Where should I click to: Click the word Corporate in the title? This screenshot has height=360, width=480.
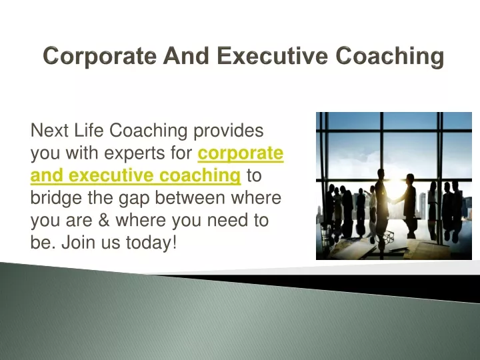coord(99,56)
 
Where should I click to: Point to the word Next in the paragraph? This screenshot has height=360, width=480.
coord(49,130)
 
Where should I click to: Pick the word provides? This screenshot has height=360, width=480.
coord(229,131)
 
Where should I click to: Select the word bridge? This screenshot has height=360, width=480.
coord(56,199)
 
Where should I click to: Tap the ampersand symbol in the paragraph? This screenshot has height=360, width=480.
coord(104,220)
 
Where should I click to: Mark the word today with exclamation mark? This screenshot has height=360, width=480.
coord(151,243)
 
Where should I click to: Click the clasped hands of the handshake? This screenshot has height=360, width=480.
coord(393,201)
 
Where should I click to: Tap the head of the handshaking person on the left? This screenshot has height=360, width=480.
coord(381,173)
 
